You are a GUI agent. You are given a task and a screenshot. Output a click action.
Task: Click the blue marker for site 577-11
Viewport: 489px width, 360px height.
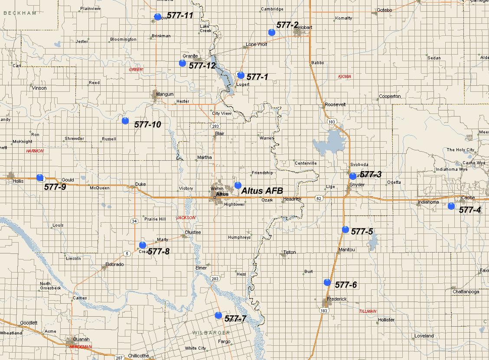158,17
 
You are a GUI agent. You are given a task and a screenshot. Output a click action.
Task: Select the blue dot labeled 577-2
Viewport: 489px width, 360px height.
272,32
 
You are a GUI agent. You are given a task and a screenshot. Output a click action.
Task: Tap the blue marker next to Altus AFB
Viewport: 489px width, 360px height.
238,185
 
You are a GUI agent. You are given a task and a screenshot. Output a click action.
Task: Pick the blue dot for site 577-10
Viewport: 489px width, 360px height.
125,120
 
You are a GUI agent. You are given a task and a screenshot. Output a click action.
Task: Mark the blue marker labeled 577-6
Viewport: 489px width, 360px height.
327,282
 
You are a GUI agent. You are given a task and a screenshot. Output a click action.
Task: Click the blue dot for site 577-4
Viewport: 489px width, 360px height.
451,205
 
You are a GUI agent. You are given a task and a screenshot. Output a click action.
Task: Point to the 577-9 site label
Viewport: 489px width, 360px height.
55,187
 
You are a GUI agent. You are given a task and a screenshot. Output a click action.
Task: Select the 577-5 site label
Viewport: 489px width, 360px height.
362,232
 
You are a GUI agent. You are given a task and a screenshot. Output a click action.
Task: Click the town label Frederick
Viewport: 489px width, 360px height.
337,299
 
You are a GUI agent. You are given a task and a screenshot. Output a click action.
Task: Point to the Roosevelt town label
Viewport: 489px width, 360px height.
335,104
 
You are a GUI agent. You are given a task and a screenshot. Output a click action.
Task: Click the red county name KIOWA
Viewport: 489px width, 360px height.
345,77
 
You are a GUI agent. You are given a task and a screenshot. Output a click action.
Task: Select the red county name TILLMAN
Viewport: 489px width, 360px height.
367,311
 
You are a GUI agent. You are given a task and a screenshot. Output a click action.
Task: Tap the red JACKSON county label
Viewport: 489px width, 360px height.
186,217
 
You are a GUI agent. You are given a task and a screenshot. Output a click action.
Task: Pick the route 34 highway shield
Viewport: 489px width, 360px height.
134,221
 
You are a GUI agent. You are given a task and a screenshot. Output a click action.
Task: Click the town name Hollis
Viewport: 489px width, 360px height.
18,181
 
